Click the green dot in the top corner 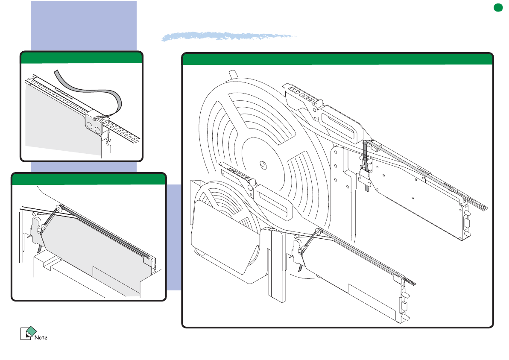coord(498,7)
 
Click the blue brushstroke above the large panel coord(229,36)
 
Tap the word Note coord(41,338)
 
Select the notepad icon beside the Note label coord(28,333)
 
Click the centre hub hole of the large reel coord(263,165)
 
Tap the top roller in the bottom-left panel coord(59,208)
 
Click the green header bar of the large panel coord(337,59)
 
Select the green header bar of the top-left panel coord(82,58)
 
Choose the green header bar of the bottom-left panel coord(89,179)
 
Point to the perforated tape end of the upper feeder coord(471,200)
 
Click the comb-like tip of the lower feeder coord(410,281)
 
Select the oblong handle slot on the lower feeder coord(273,202)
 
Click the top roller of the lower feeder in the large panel coord(318,231)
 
